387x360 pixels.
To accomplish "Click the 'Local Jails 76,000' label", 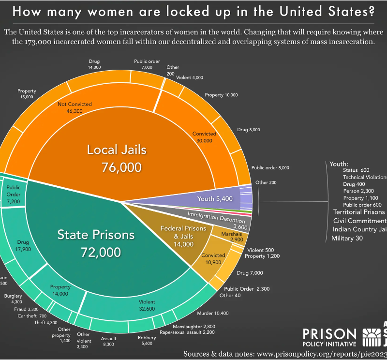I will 117,158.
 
